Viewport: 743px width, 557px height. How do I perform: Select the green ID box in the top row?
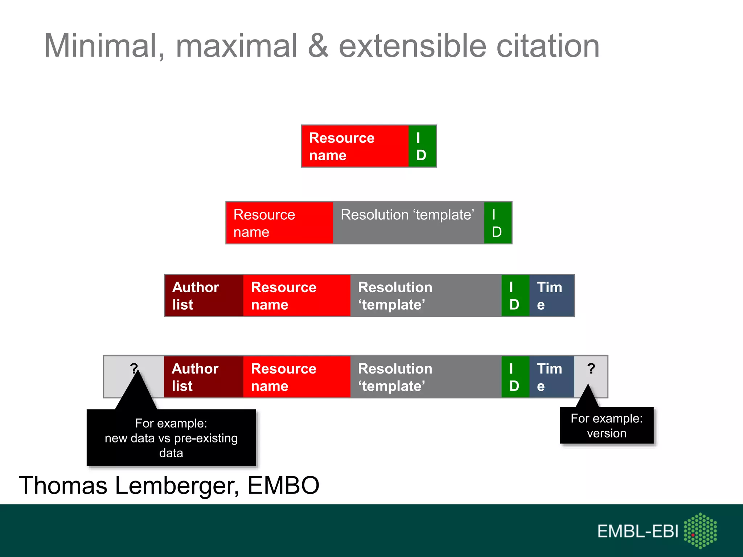tap(422, 146)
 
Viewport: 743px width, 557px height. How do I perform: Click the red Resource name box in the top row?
tap(355, 146)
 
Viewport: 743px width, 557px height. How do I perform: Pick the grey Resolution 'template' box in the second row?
tap(408, 223)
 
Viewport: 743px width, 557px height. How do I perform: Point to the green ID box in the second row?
tap(497, 223)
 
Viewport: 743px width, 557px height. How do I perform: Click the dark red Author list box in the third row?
tap(204, 296)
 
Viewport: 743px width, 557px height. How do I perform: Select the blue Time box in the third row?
tap(551, 296)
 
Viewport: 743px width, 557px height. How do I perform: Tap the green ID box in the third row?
tap(515, 296)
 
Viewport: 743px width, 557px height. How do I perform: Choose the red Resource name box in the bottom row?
tap(296, 377)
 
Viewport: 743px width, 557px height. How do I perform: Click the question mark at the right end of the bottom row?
tap(591, 369)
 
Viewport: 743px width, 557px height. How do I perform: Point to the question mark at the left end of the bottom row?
tap(134, 368)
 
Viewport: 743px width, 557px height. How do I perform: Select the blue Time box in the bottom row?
tap(551, 377)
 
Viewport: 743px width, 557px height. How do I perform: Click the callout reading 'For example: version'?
tap(607, 425)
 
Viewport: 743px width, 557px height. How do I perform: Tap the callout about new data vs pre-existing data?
tap(171, 438)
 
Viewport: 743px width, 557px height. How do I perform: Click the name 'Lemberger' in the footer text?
tap(177, 485)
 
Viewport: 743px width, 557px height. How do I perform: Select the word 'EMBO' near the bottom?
tap(283, 485)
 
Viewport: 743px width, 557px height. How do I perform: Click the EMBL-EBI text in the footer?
tap(637, 531)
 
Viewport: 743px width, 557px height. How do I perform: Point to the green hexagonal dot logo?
tap(700, 531)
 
